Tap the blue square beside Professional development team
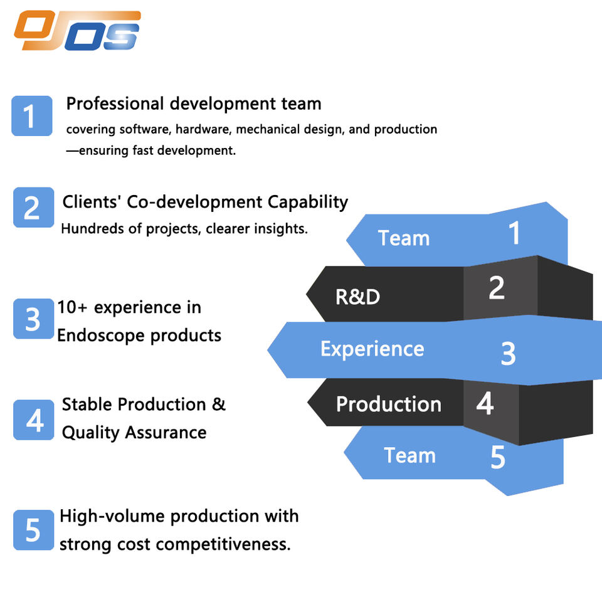31,115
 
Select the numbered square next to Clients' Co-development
33,207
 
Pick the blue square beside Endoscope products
33,319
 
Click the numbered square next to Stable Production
34,420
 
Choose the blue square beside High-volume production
33,530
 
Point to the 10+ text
73,307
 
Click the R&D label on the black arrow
357,297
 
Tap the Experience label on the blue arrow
372,349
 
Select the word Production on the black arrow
389,404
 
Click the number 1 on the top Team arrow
514,233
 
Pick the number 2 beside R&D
496,287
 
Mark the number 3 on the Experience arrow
508,354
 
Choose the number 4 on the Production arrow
485,404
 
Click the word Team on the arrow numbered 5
409,455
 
